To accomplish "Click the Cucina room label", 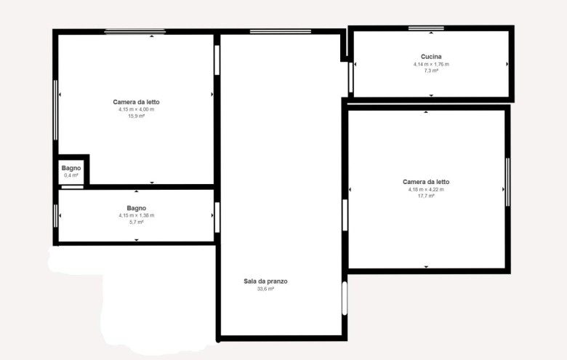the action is pyautogui.click(x=431, y=57).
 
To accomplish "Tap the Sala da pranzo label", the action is pyautogui.click(x=265, y=281).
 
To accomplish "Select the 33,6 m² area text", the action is pyautogui.click(x=265, y=289).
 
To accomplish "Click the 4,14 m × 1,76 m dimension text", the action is pyautogui.click(x=431, y=65).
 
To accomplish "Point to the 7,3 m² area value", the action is pyautogui.click(x=431, y=71).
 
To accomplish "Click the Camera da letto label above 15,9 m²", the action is pyautogui.click(x=136, y=102).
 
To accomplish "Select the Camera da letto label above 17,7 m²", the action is pyautogui.click(x=426, y=182).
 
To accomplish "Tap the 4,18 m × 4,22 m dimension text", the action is pyautogui.click(x=426, y=190).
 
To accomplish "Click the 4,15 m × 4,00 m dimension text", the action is pyautogui.click(x=136, y=110).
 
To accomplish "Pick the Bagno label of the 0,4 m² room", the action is pyautogui.click(x=71, y=168).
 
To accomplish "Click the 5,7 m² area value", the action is pyautogui.click(x=137, y=222).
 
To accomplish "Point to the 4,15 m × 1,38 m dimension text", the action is pyautogui.click(x=137, y=216).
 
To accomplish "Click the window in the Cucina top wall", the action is pyautogui.click(x=426, y=28).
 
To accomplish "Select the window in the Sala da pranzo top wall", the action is pyautogui.click(x=281, y=32).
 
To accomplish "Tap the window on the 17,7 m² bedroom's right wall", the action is pyautogui.click(x=507, y=182).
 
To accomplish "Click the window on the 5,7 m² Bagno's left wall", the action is pyautogui.click(x=56, y=216).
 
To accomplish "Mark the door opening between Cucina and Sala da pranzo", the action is pyautogui.click(x=350, y=77).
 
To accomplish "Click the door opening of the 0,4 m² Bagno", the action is pyautogui.click(x=72, y=187).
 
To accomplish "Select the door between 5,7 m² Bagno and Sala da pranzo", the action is pyautogui.click(x=217, y=217).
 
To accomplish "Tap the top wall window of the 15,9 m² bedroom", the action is pyautogui.click(x=135, y=32).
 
